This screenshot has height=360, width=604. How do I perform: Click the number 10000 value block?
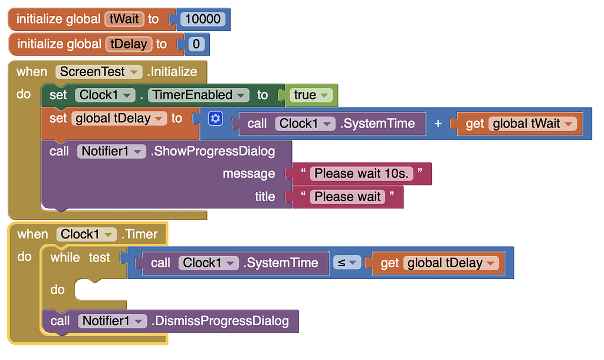coord(202,19)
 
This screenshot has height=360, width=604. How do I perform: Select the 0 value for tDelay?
coord(196,44)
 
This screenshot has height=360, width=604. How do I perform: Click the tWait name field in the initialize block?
coord(124,19)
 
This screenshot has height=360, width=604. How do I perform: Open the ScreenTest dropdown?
coord(99,72)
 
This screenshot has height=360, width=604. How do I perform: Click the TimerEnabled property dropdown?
coord(199,95)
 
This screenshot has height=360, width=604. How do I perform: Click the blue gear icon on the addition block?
coord(216,119)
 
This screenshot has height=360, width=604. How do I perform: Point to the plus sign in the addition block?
coord(438,123)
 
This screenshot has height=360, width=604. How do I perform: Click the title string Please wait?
coord(348,197)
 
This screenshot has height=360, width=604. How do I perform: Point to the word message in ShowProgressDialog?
coord(248,174)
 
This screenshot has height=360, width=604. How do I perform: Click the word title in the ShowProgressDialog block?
coord(265,197)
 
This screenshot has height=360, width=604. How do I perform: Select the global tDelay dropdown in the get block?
coord(451,263)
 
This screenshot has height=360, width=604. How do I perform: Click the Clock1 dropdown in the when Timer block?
coord(87,234)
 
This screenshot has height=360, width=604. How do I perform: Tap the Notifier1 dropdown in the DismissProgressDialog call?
coord(111,321)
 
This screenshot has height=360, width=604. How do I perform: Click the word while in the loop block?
coord(65,257)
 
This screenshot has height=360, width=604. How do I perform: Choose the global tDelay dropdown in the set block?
coord(119,119)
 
